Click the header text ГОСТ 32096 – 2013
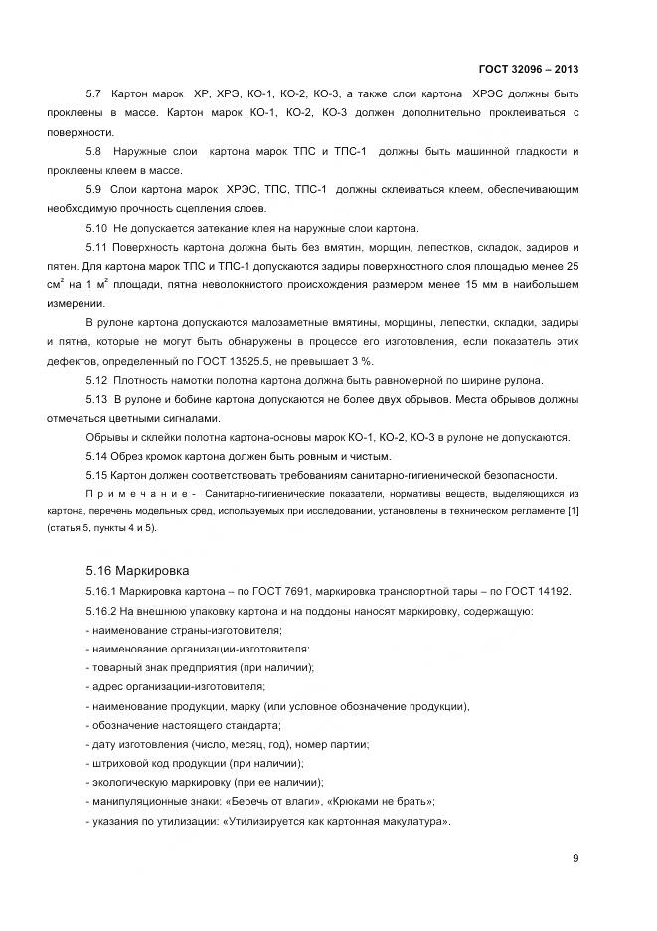tap(526, 70)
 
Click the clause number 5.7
tap(95, 94)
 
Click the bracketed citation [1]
tap(571, 511)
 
